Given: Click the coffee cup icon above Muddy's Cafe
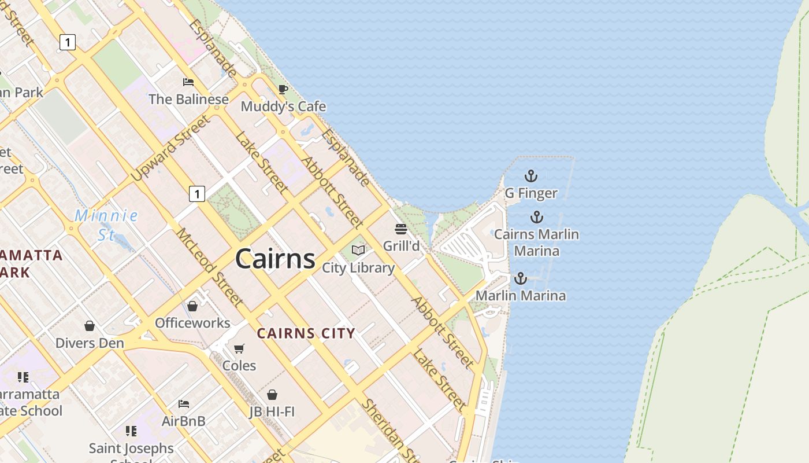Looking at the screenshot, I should coord(283,89).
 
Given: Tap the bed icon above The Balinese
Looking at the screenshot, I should coord(188,82).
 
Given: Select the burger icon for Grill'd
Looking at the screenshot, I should coord(401,229).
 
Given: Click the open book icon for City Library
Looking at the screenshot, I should coord(358,251).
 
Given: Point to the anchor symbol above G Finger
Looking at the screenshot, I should coord(530,176).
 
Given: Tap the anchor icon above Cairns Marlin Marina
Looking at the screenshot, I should coord(537,217).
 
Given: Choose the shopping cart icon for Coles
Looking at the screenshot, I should coord(239,348).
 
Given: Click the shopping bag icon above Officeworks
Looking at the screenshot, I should coord(192,306).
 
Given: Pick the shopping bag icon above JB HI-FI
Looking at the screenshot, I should coord(272,395).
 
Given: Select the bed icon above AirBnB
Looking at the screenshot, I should coord(184,403).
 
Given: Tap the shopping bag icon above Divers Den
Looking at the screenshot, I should coord(90,326).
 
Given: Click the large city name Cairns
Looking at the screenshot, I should coord(275,258).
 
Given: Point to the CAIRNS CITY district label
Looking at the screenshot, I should coord(306,333).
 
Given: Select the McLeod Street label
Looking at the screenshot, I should coord(209,267).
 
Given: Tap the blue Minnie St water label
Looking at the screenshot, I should coord(106,225).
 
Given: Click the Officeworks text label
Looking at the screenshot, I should coord(192,323).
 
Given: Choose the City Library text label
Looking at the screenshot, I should coord(358,267).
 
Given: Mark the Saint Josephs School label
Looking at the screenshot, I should coord(131,449).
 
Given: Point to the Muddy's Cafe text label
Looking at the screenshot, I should coord(283,106).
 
